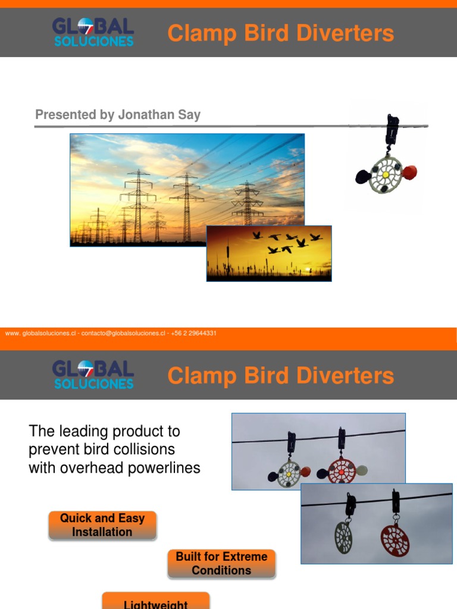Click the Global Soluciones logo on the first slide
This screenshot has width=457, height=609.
(93, 32)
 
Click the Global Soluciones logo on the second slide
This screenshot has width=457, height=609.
(93, 375)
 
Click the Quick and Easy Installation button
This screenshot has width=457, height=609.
(102, 525)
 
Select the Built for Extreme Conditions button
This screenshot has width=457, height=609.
(221, 563)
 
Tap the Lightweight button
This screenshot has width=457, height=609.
(156, 602)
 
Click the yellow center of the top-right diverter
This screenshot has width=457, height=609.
(386, 175)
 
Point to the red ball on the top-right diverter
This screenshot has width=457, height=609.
(409, 172)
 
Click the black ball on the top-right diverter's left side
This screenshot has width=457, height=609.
(363, 177)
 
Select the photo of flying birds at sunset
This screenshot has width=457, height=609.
(269, 253)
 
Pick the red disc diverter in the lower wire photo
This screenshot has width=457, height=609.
(395, 539)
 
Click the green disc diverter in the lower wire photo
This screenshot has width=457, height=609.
(343, 536)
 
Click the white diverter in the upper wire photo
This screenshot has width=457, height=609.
(290, 473)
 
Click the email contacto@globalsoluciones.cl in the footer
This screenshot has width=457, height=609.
(126, 334)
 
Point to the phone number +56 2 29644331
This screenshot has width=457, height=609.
(194, 334)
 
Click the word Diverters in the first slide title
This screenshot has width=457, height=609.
(342, 33)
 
